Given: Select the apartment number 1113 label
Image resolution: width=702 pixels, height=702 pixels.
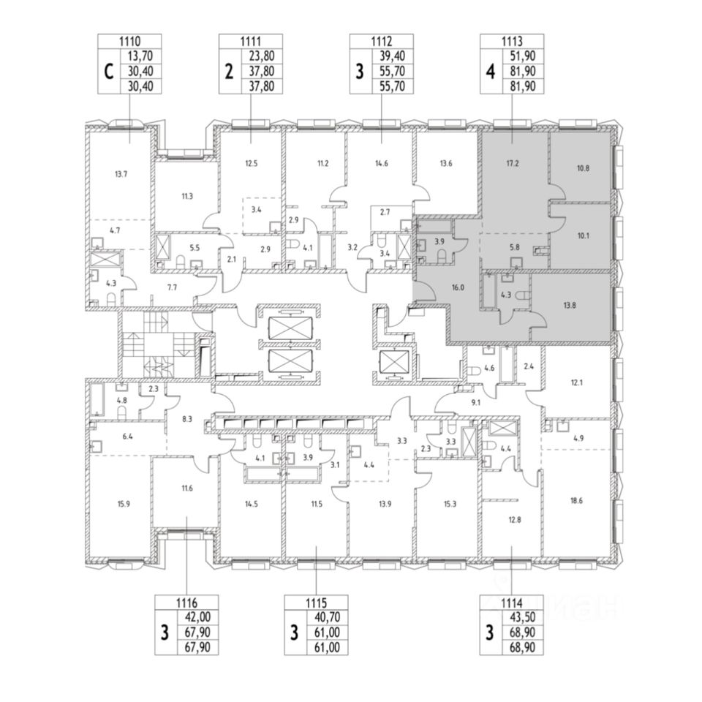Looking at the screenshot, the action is [x=510, y=42].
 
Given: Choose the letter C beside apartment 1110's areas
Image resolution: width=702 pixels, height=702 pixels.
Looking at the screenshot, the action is [x=108, y=72].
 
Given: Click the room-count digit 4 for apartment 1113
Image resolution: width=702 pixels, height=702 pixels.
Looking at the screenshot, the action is [x=489, y=72].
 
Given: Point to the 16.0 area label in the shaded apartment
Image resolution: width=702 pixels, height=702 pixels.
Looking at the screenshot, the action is [x=458, y=288].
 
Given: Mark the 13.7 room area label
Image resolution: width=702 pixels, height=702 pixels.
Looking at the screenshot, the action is [x=121, y=174].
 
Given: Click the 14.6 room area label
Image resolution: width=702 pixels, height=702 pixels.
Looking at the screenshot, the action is [x=382, y=165].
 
